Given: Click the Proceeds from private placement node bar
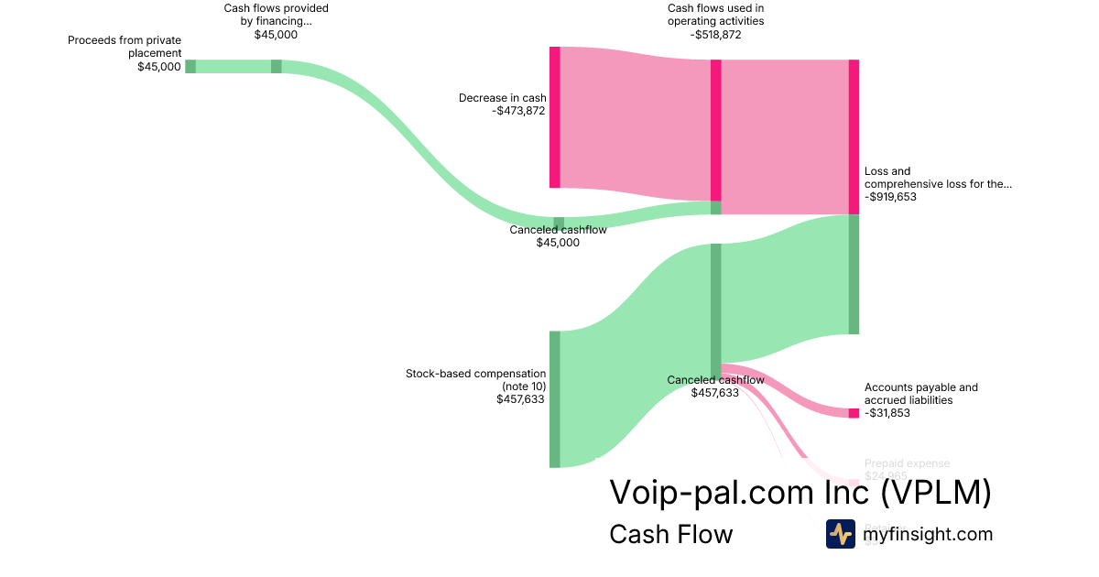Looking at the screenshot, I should (190, 66).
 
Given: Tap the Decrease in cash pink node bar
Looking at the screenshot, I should (554, 117).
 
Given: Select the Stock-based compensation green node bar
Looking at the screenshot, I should (554, 399).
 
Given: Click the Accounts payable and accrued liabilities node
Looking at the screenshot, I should (854, 413).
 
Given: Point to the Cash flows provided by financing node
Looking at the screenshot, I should (276, 66).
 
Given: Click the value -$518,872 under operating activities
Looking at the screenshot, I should (715, 35).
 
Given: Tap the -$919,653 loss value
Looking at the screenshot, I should (890, 196).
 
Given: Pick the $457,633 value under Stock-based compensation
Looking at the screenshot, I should (521, 399).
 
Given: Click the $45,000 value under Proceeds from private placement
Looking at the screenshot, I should (159, 66).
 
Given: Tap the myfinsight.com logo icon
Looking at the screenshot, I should (840, 534).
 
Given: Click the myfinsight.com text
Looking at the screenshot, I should (928, 534).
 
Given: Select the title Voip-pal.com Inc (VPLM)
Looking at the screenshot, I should (800, 493).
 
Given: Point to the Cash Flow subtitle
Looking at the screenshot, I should (670, 534).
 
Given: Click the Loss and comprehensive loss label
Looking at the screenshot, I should (938, 177).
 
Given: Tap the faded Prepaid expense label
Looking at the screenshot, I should (907, 463).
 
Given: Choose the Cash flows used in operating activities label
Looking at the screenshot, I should (715, 15).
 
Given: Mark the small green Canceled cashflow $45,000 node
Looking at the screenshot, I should (559, 223).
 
